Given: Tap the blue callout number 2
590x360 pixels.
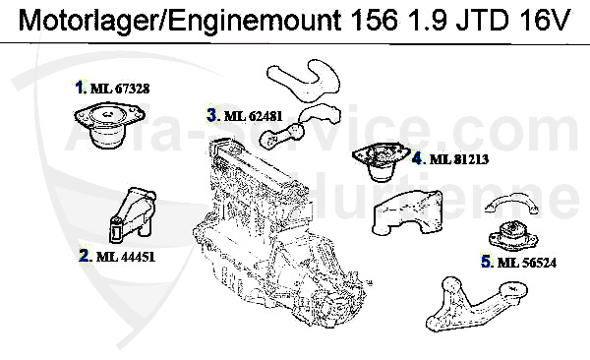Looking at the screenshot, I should (x=86, y=257).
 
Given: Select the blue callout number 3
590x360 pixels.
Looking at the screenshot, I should (x=211, y=115).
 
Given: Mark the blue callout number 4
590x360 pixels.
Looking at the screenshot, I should (x=417, y=157).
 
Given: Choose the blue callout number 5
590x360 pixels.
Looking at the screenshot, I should (x=487, y=262).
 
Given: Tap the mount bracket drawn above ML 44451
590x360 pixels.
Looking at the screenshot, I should (x=130, y=216).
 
